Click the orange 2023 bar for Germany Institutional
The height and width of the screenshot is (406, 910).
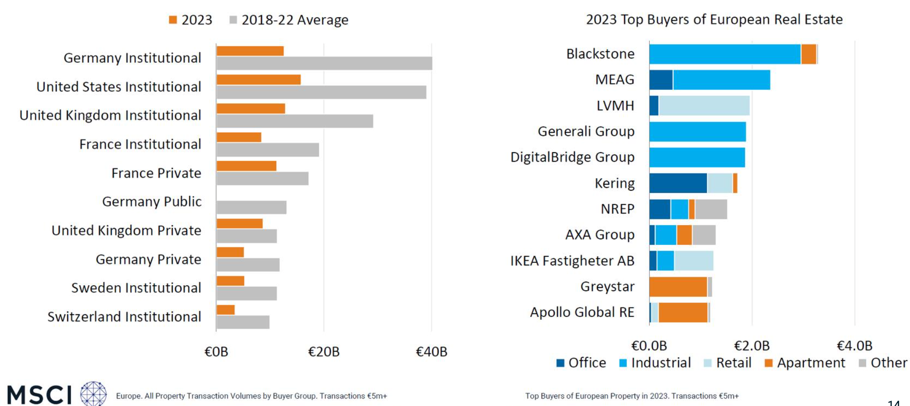250,51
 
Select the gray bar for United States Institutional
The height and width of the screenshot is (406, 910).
321,92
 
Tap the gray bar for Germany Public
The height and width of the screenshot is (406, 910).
251,208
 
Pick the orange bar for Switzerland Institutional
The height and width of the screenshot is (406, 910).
225,310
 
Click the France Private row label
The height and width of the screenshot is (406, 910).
156,173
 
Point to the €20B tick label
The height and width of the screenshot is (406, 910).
323,352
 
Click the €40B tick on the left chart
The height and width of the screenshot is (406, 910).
431,352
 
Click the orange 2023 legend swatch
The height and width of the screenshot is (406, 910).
173,20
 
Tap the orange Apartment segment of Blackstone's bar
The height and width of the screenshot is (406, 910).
808,54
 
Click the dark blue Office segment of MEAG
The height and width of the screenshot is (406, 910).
661,80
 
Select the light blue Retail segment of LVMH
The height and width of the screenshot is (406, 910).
704,105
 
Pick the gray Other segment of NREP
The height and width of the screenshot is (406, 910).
711,209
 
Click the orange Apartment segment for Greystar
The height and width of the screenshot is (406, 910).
678,287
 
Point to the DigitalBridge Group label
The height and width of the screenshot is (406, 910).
572,157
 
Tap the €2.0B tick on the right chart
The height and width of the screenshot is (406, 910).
752,346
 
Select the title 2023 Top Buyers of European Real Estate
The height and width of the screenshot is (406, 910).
714,20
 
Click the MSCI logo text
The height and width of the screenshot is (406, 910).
40,394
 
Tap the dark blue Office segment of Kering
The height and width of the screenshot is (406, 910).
678,183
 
